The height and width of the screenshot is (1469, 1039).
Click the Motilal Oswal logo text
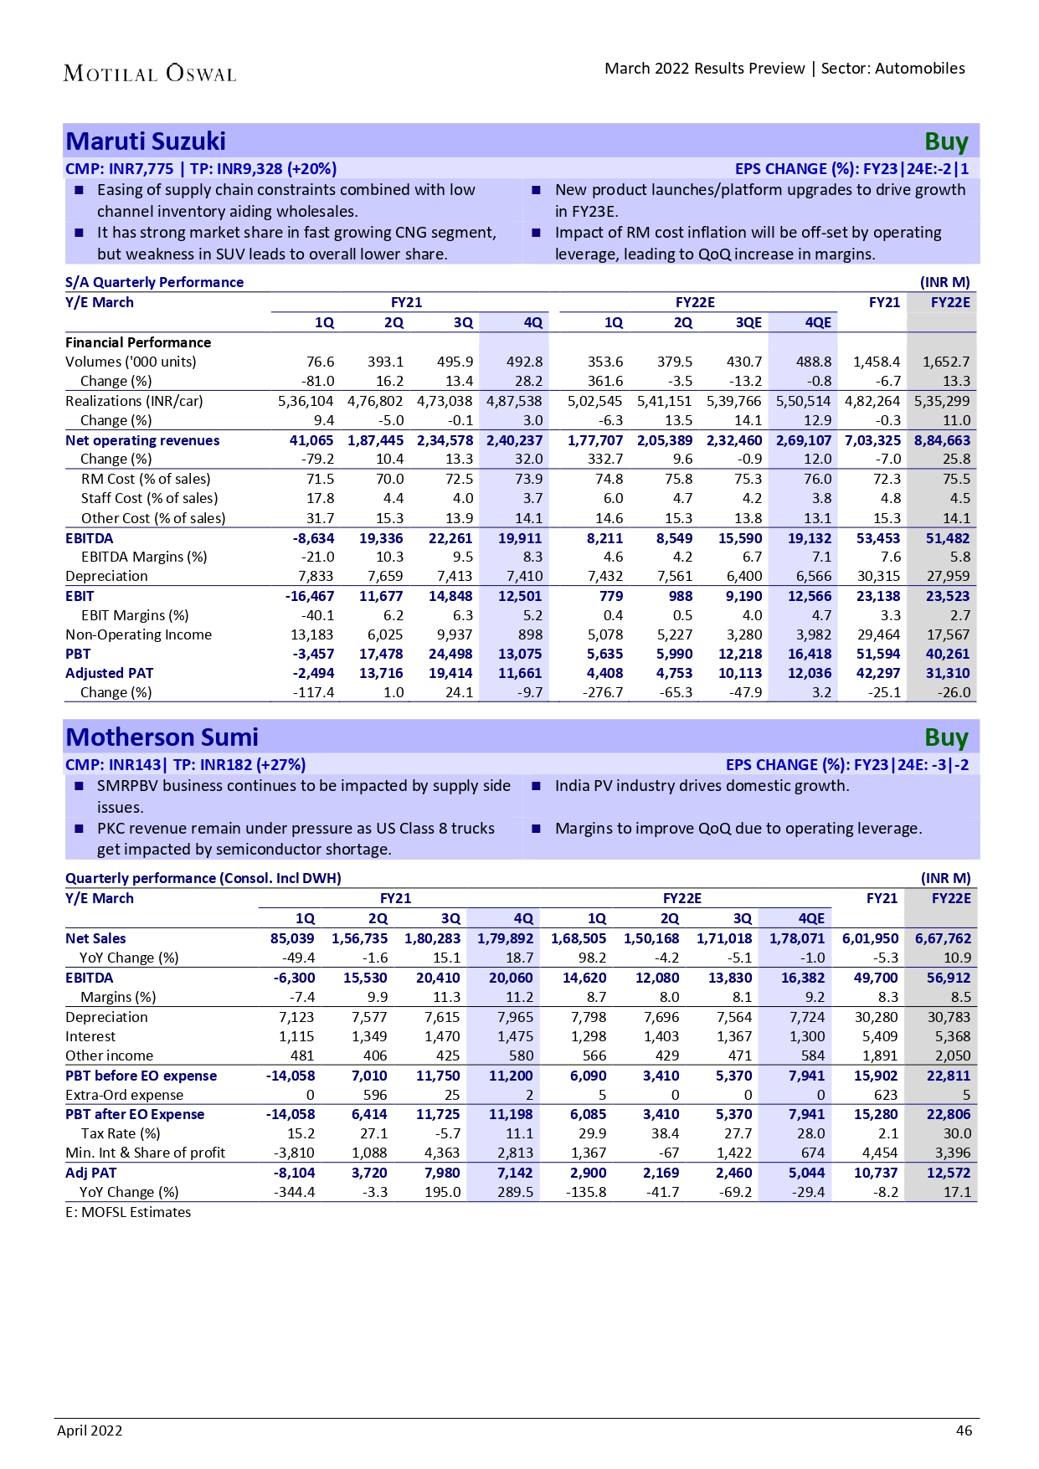pos(150,74)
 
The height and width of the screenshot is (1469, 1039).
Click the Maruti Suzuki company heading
pos(146,141)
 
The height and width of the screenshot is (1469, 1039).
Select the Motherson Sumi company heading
pos(162,737)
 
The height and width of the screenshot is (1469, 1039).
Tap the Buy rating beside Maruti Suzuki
pos(946,142)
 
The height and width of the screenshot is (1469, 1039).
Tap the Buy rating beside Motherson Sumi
pos(946,738)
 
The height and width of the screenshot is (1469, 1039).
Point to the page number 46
pos(964,1430)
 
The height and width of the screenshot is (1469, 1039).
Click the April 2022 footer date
pos(90,1430)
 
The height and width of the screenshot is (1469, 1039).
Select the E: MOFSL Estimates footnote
pos(128,1212)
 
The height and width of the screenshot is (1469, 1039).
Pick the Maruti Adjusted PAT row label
pos(109,673)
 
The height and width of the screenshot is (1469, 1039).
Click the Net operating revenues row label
pos(142,440)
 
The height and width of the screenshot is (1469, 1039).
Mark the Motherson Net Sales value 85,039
pos(292,938)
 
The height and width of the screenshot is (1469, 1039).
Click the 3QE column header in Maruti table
pos(748,322)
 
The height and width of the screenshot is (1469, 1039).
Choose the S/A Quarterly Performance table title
pos(154,282)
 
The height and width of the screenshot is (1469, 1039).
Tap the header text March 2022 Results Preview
pos(704,69)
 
